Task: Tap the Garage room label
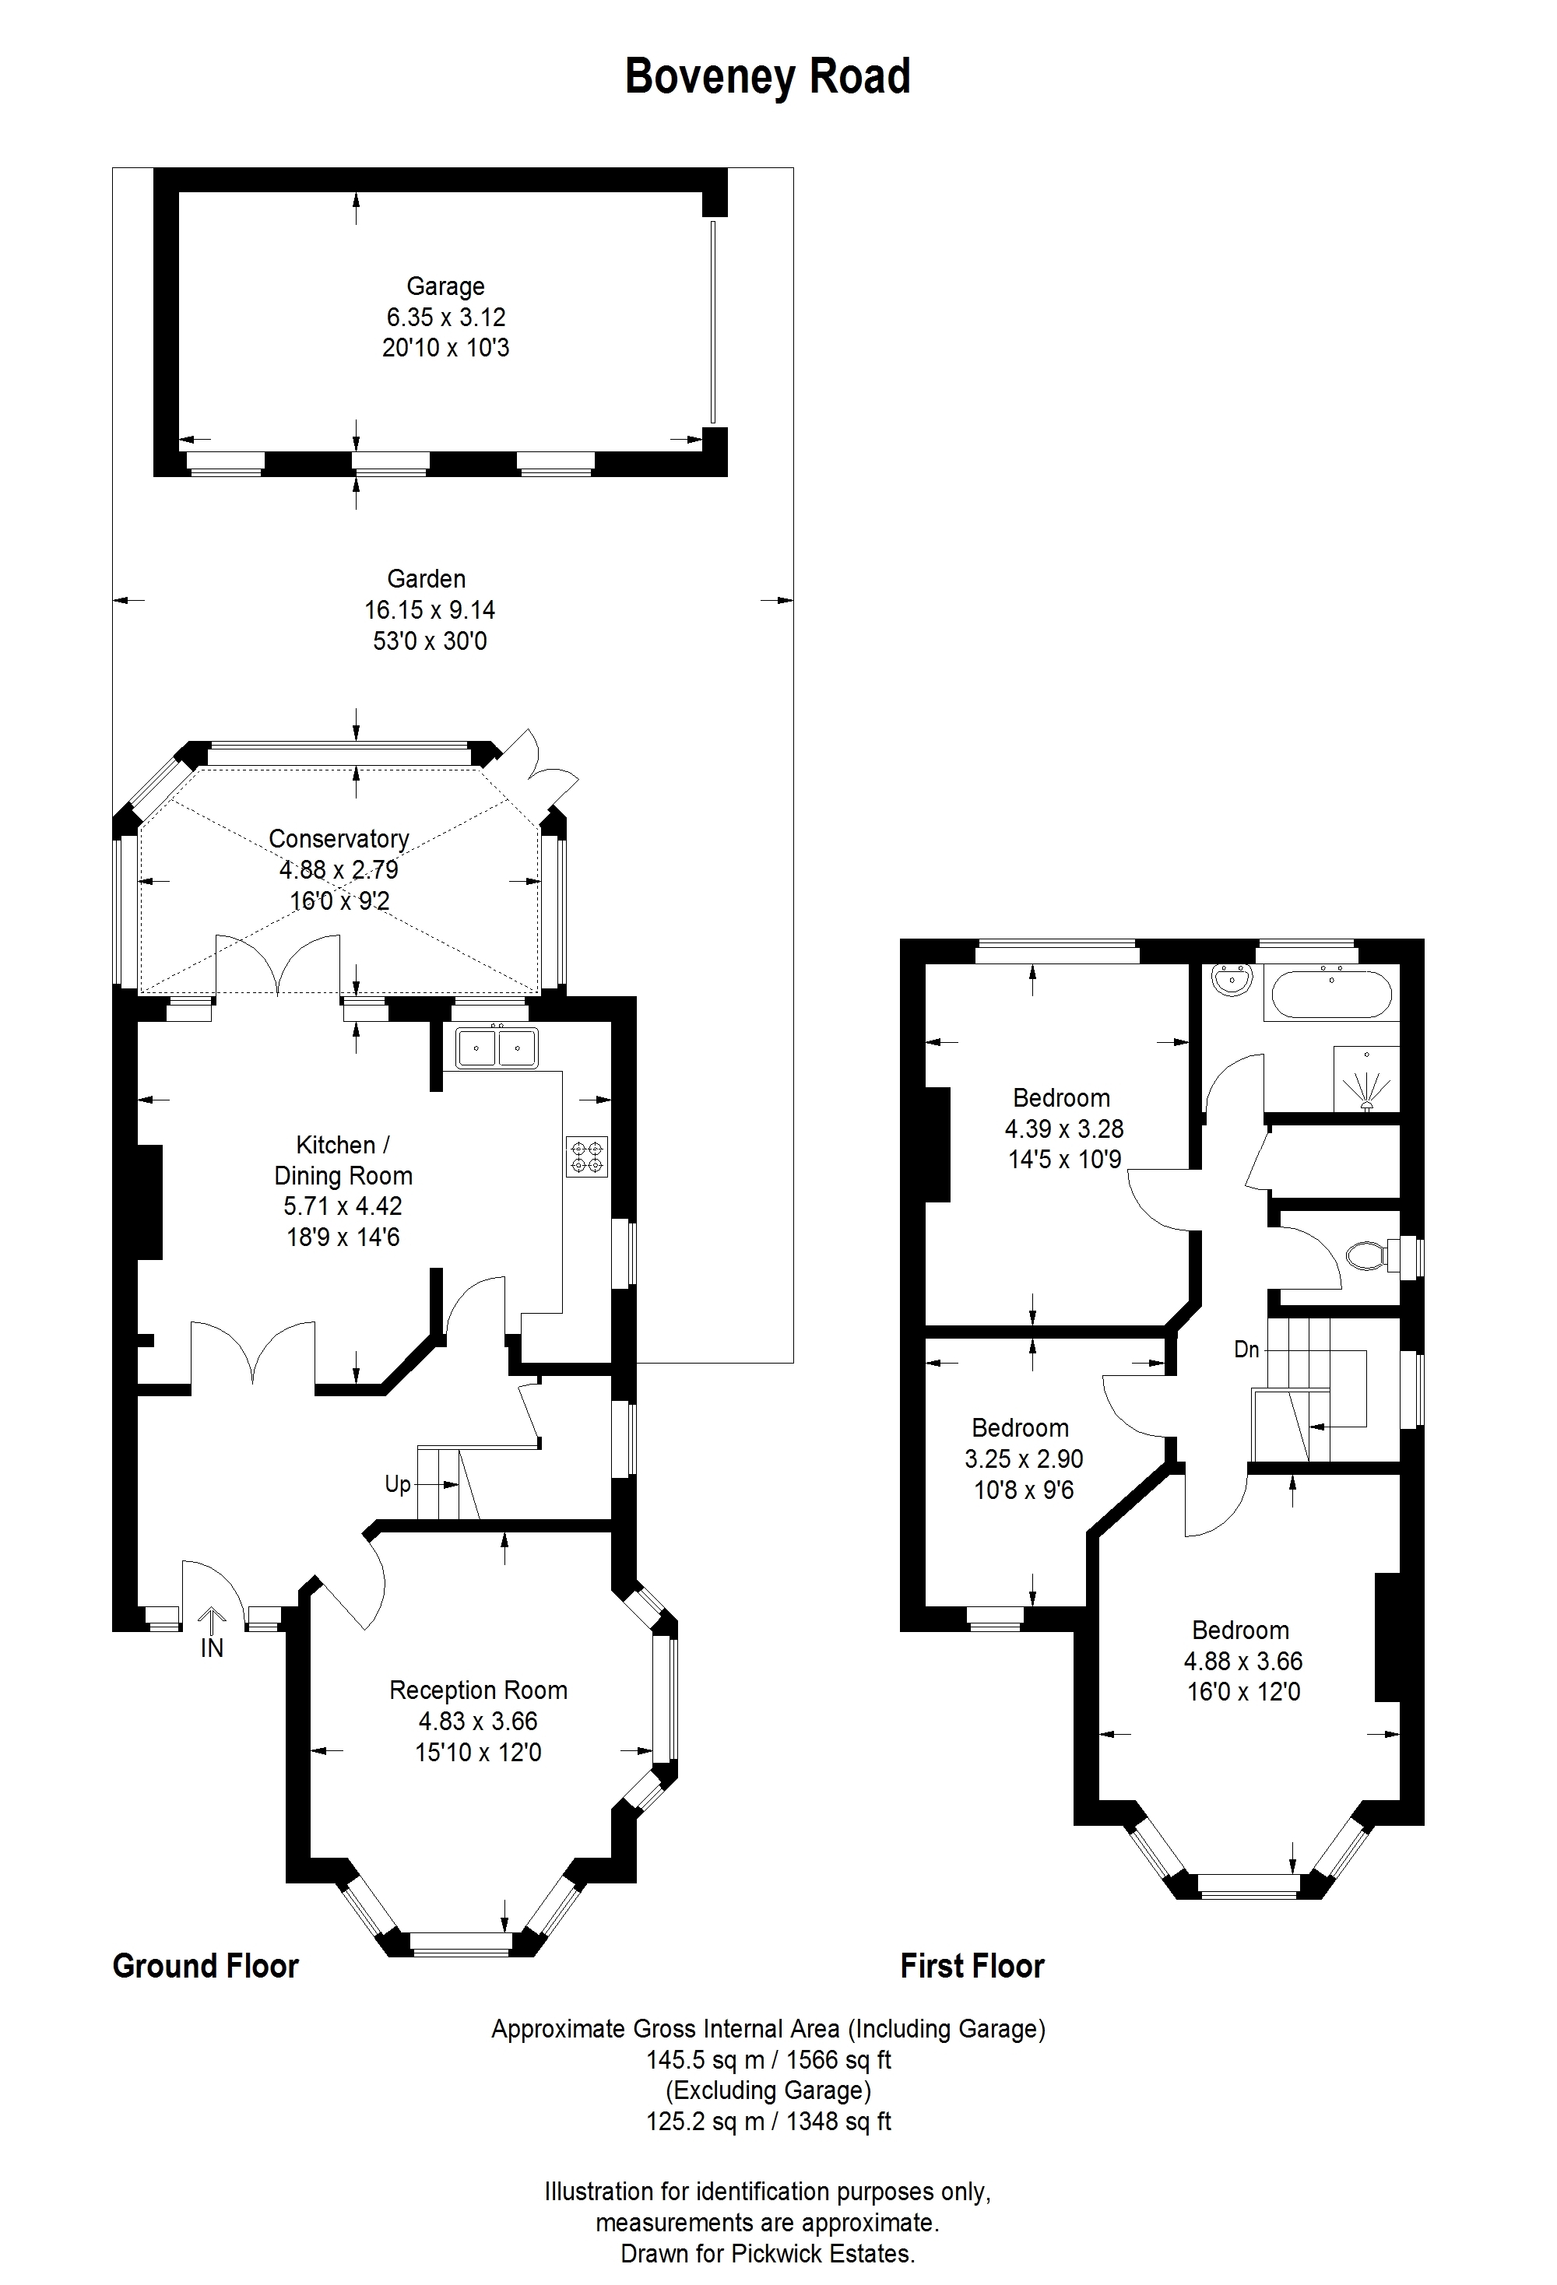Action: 445,286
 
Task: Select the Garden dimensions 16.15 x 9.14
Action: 430,609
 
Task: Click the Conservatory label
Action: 339,839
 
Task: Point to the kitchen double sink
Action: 496,1047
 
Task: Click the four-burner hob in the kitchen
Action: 587,1157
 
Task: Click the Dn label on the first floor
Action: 1246,1349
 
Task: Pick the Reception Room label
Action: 478,1690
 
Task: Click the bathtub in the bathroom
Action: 1333,994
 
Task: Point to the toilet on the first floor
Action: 1371,1255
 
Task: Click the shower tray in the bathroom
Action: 1366,1079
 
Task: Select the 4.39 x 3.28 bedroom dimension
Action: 1063,1128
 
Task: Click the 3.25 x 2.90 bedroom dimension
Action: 1024,1459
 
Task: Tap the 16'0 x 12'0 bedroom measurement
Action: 1244,1692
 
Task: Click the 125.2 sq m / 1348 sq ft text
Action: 768,2121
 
